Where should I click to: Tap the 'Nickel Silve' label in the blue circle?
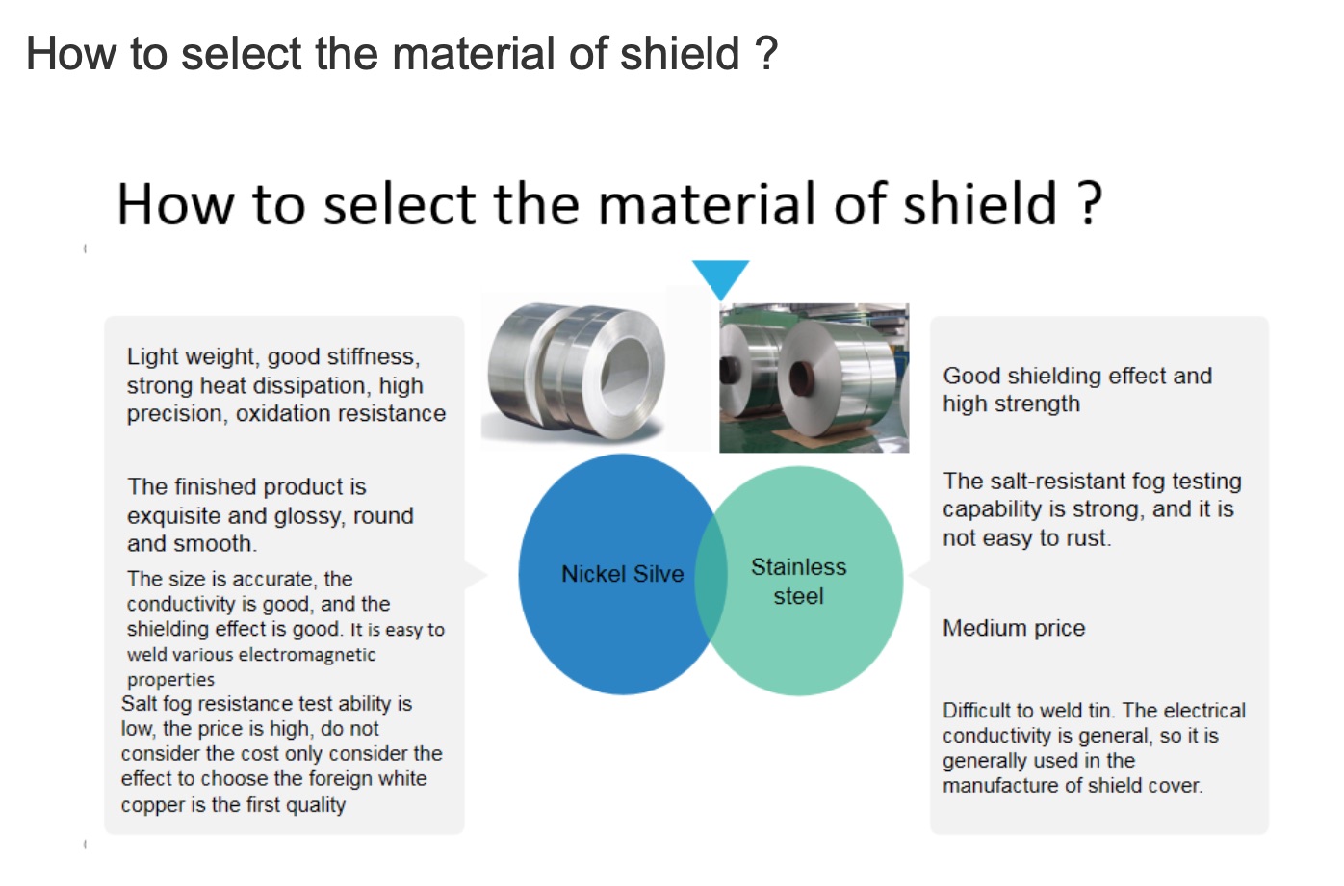622,574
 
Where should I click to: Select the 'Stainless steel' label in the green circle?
798,581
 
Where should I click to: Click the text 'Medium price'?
1014,629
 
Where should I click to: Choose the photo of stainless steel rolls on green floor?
814,378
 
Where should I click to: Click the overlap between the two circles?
711,575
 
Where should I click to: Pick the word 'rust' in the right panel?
1090,537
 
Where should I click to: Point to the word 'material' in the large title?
711,204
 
